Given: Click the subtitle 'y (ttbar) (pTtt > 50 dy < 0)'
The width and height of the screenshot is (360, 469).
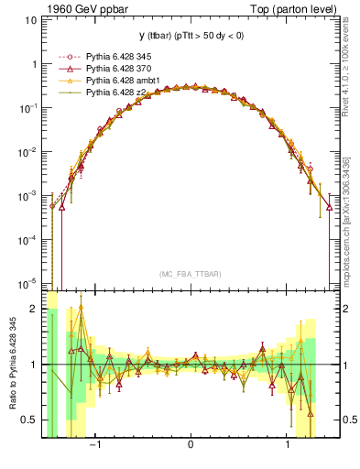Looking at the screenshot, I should (x=190, y=36).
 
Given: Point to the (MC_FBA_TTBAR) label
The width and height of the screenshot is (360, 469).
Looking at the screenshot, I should (x=190, y=274).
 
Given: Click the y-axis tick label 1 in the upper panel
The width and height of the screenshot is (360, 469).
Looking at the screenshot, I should (x=35, y=65).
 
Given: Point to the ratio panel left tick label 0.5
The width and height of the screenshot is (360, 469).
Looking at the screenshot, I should (x=31, y=420).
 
